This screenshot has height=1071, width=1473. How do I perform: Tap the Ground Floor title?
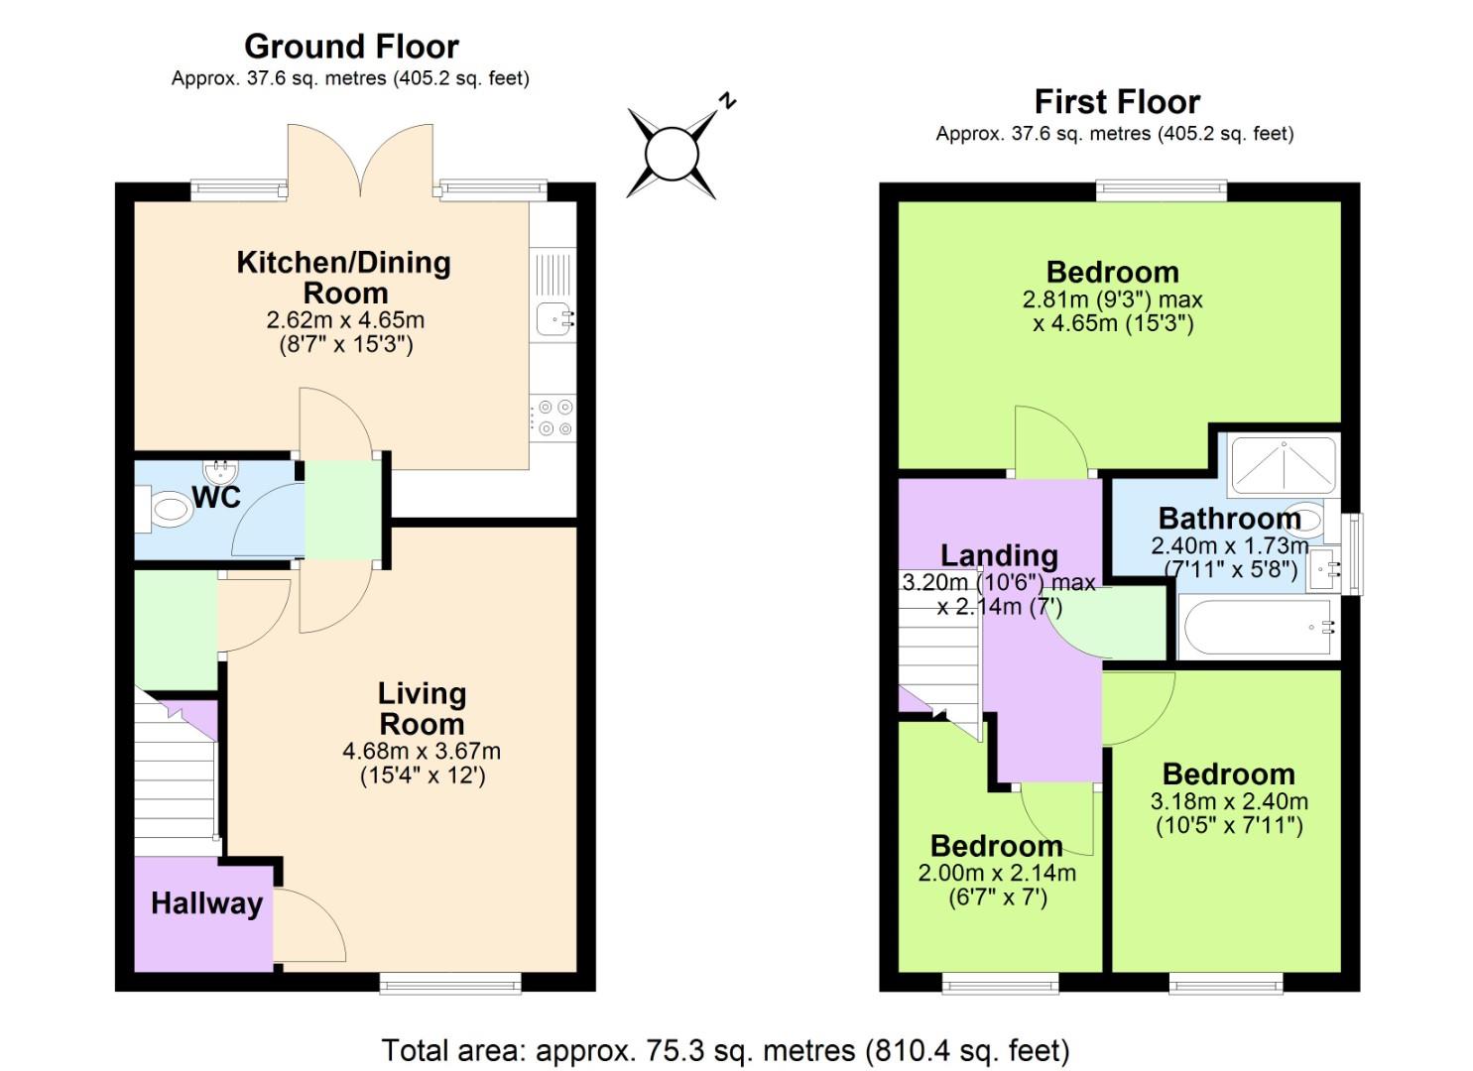click(351, 47)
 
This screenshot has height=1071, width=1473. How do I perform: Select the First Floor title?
click(1117, 101)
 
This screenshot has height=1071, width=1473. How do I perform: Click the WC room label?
click(216, 497)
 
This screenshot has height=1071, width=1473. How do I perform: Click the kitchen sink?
click(553, 318)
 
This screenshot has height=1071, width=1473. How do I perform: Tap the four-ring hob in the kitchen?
click(552, 416)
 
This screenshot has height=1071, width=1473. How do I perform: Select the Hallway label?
click(206, 903)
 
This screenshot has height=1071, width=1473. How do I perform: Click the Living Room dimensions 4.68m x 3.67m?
click(422, 752)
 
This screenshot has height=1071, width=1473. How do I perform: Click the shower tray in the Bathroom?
click(1283, 465)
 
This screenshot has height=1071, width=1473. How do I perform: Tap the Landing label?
click(999, 555)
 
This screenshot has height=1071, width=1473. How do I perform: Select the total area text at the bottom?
click(725, 1050)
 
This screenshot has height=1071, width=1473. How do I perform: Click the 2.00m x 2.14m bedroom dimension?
click(997, 874)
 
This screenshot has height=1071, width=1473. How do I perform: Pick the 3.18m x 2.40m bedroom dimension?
click(1229, 801)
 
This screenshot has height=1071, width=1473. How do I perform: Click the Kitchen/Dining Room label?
click(343, 277)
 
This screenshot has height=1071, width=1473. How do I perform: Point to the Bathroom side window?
click(1352, 553)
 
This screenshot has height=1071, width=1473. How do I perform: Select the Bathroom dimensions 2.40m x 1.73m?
click(1229, 545)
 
